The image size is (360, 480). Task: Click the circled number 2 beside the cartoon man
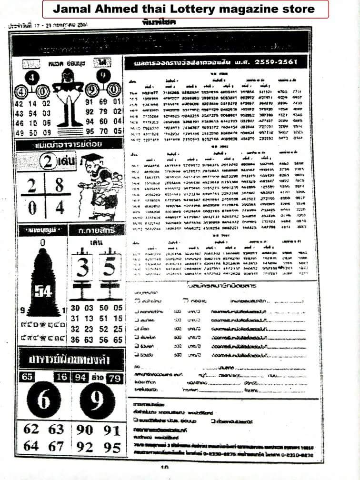48,161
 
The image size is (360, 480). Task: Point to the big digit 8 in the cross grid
59,186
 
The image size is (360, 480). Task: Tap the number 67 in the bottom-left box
56,447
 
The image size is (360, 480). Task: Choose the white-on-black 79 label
114,378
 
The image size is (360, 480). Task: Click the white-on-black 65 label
28,378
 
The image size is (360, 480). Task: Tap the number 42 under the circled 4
20,104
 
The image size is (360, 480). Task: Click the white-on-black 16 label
60,378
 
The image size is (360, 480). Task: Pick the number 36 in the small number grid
75,340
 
